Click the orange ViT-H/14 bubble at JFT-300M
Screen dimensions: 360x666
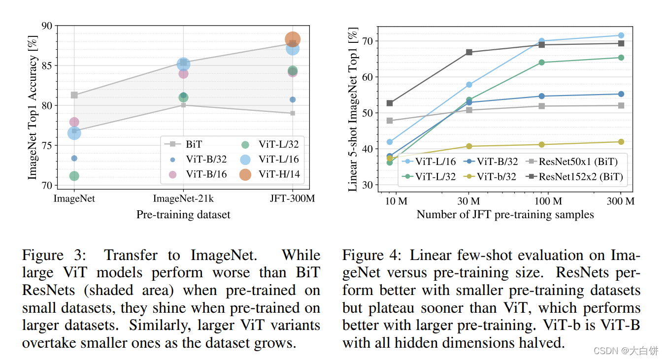(292, 39)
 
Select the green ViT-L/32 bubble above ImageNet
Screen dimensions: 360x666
(74, 176)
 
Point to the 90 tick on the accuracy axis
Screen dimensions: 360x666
(48, 25)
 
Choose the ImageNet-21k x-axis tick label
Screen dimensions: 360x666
(183, 199)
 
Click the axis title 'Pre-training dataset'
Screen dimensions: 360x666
(183, 215)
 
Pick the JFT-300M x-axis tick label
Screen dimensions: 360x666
(293, 199)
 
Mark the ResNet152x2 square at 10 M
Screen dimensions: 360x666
(390, 103)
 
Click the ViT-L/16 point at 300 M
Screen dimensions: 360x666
(621, 35)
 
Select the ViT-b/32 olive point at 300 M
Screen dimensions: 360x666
(621, 142)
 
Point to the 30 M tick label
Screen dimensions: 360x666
(468, 201)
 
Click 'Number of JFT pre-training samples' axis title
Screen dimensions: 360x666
(505, 215)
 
